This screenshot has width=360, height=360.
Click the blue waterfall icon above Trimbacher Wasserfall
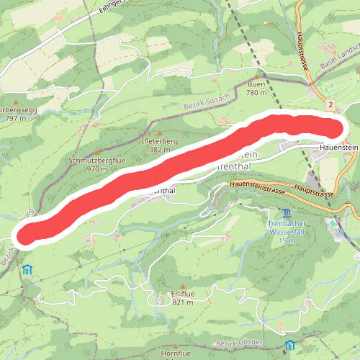pyautogui.click(x=287, y=214)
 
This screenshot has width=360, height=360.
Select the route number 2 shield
pyautogui.click(x=330, y=105)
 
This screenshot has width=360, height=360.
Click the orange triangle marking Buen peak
pyautogui.click(x=256, y=76)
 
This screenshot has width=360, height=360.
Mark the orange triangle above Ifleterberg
pyautogui.click(x=160, y=133)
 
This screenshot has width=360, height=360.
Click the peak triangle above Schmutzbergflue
pyautogui.click(x=96, y=151)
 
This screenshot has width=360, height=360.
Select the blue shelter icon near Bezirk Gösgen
pyautogui.click(x=289, y=345)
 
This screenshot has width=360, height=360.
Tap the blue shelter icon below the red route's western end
pyautogui.click(x=27, y=270)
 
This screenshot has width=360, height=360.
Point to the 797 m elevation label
pyautogui.click(x=14, y=118)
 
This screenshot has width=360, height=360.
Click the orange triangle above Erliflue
pyautogui.click(x=183, y=287)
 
